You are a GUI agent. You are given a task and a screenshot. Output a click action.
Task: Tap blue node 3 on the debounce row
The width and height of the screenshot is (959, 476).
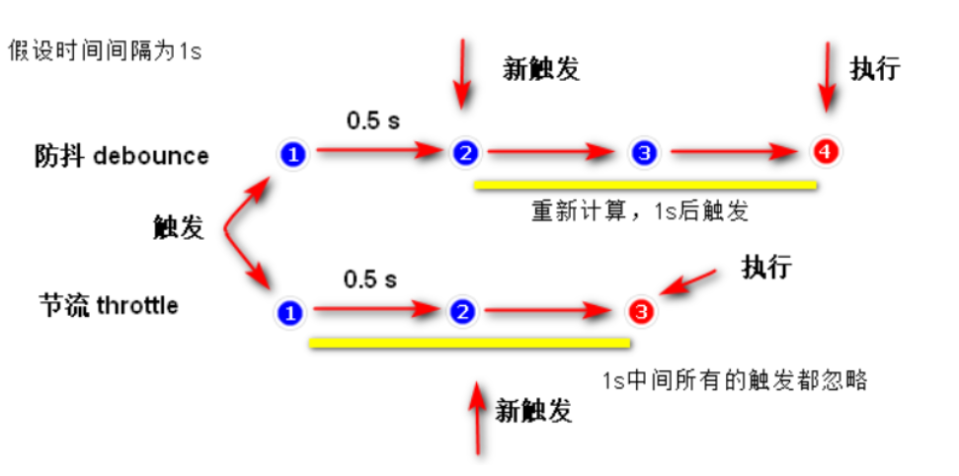click(644, 153)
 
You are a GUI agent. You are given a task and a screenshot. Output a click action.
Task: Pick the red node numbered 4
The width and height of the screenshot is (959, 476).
click(824, 152)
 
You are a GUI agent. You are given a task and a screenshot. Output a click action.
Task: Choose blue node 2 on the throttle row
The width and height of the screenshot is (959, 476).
click(460, 313)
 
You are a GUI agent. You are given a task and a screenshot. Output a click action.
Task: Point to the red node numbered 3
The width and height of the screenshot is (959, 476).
click(641, 313)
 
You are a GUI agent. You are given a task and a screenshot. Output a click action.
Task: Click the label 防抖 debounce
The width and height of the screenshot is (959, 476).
click(121, 156)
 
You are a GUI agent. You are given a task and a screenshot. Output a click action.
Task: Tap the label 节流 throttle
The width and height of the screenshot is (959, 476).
click(109, 305)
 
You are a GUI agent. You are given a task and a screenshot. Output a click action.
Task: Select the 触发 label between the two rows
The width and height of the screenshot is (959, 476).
click(179, 229)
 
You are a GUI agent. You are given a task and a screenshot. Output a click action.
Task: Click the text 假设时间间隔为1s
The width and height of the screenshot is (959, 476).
click(104, 49)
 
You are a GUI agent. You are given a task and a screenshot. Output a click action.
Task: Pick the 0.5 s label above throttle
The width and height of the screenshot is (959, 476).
click(369, 279)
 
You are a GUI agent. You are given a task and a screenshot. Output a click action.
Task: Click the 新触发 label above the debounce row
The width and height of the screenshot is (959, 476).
click(541, 68)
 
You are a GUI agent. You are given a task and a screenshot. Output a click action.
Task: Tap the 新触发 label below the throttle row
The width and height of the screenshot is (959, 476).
click(533, 410)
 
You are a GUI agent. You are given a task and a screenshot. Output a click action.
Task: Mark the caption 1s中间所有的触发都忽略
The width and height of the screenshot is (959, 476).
click(735, 379)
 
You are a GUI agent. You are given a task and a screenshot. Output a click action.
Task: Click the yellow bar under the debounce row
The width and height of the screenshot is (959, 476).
click(645, 184)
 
